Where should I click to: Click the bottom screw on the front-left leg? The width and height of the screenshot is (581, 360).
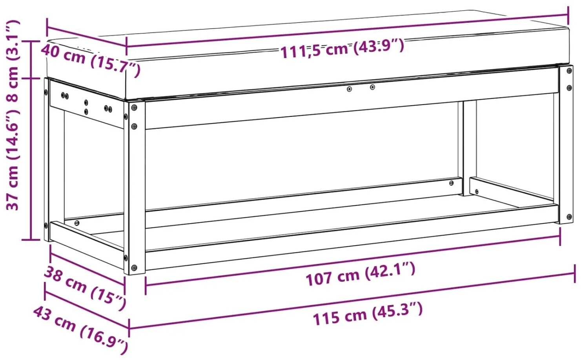click(x=134, y=267)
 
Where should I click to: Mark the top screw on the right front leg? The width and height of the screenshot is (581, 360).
click(x=569, y=71)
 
